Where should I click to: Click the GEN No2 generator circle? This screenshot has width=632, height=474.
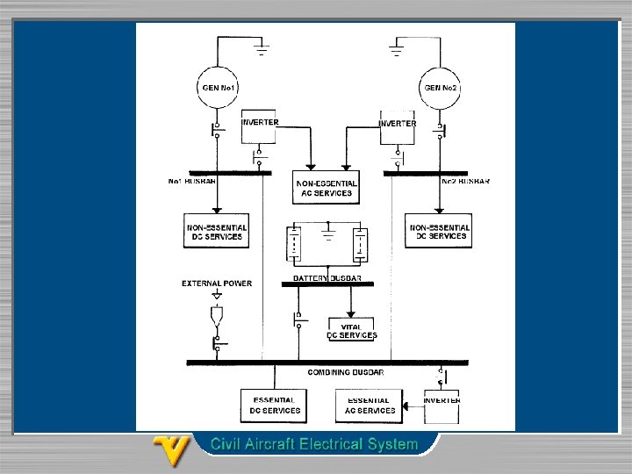click(x=442, y=88)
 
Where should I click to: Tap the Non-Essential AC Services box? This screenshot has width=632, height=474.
click(x=326, y=187)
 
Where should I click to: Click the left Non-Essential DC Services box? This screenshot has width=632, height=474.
click(x=216, y=231)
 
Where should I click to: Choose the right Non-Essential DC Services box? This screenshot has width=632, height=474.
click(x=439, y=231)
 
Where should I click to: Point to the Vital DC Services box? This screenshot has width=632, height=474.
click(x=351, y=331)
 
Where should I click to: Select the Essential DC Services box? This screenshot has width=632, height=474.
click(x=275, y=406)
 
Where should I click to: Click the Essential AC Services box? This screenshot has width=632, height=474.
click(x=370, y=406)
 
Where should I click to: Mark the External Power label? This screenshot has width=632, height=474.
click(x=217, y=284)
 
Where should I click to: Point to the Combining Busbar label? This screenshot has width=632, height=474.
click(x=345, y=372)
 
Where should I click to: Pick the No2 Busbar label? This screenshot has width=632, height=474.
click(x=464, y=182)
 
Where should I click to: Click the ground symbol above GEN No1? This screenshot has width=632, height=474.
click(x=262, y=47)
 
